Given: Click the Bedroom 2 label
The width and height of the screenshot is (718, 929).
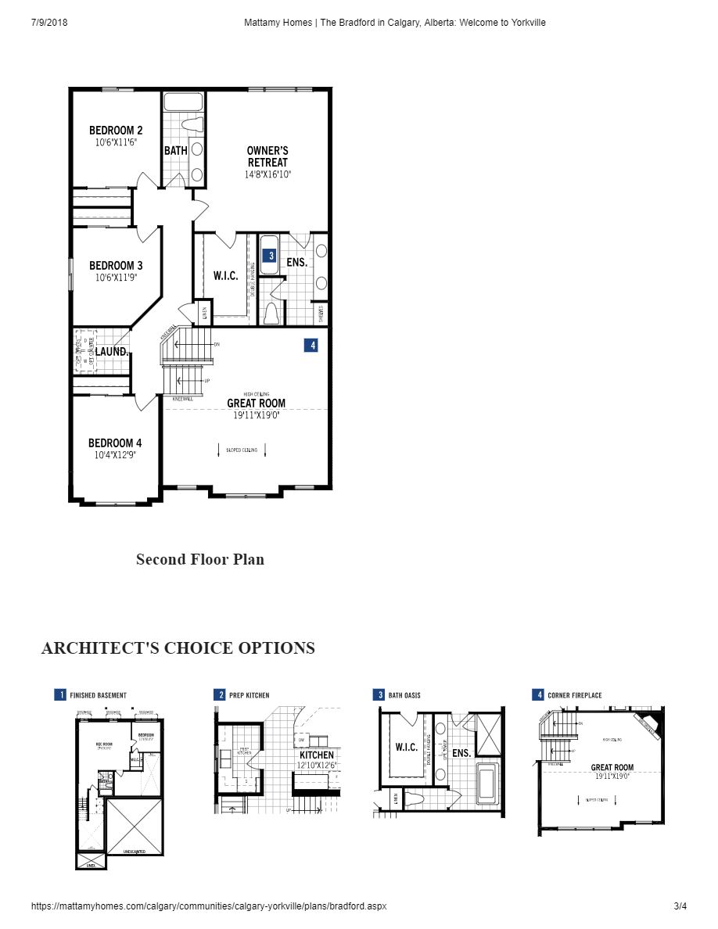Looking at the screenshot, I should [x=116, y=131].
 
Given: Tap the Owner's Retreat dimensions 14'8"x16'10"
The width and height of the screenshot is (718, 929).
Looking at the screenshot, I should [x=267, y=175].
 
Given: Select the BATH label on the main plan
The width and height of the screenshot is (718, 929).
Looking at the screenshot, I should [x=175, y=150].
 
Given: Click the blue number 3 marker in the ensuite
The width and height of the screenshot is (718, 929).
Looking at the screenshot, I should [x=269, y=255].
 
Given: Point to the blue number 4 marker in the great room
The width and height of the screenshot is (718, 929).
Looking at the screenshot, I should [x=311, y=345].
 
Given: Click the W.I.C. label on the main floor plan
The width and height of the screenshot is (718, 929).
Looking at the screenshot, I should [x=225, y=276].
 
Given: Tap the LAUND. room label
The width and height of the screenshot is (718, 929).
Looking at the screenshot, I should [x=113, y=352].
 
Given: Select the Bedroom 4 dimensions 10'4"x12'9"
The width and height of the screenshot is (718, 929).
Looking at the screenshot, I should [x=115, y=454].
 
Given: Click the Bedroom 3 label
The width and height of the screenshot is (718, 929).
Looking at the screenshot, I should [x=116, y=266].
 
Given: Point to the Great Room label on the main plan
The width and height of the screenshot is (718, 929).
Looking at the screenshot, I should [x=256, y=404].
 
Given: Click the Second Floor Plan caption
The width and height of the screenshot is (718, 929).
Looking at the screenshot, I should [x=200, y=559].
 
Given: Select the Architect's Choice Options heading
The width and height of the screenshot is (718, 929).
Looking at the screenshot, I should [x=178, y=648].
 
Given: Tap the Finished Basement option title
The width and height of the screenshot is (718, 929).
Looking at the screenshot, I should [x=98, y=695].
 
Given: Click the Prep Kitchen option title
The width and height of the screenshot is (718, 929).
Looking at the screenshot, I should [x=249, y=695].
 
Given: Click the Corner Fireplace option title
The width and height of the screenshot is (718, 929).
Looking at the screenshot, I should [x=574, y=695].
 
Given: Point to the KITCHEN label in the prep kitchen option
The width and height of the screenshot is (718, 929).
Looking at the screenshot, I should [x=316, y=755].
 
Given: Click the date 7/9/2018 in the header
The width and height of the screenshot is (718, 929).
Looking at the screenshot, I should [x=49, y=23].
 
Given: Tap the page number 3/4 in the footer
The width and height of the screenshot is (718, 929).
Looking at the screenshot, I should [x=680, y=906].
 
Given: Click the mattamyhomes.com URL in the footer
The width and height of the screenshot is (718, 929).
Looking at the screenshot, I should [x=209, y=906].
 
